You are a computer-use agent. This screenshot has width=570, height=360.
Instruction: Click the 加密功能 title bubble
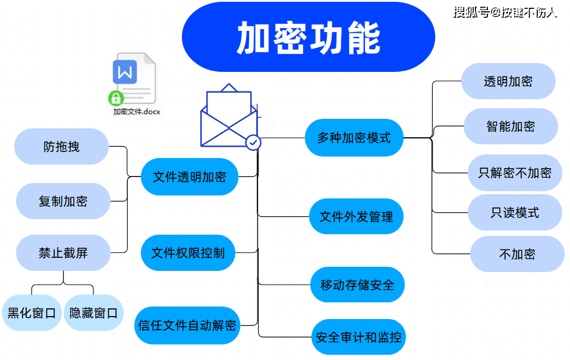[x=308, y=39]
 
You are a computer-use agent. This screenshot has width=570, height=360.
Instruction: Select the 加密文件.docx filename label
[x=137, y=111]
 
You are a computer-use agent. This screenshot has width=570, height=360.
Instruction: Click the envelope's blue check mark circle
[x=253, y=143]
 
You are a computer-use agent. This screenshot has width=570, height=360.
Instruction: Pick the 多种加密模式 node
[x=354, y=138]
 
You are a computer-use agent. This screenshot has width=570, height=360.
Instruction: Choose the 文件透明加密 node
[x=190, y=177]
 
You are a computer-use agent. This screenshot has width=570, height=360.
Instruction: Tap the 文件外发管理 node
[x=356, y=217]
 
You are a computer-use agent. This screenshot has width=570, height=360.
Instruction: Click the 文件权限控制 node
[x=188, y=253]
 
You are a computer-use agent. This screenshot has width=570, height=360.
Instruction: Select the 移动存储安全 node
[x=357, y=285]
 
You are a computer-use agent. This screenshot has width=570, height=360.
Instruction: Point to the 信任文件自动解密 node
[x=187, y=326]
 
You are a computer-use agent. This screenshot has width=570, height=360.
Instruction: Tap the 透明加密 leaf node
[x=508, y=81]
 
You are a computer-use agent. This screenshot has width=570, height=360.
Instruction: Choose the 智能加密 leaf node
[x=511, y=126]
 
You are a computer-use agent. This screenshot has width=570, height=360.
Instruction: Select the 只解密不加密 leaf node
[x=515, y=173]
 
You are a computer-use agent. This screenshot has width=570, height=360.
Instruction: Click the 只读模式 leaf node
[x=515, y=213]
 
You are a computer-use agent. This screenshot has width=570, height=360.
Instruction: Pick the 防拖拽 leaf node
[x=61, y=146]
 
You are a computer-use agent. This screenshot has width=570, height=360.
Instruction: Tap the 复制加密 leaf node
[x=63, y=201]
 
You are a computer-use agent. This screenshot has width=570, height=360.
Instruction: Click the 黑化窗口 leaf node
[x=32, y=312]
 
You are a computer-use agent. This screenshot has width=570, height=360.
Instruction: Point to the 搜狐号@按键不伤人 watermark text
[x=505, y=12]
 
